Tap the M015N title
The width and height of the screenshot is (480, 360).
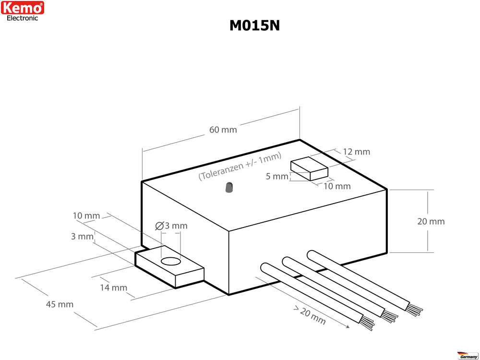click(254, 25)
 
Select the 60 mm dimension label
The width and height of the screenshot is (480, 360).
click(223, 130)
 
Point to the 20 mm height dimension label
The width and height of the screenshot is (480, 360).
click(431, 221)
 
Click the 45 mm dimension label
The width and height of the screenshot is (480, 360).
click(60, 304)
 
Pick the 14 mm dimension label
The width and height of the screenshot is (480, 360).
click(113, 288)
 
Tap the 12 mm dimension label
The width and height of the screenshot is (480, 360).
click(357, 152)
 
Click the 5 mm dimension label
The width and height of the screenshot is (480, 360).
click(277, 176)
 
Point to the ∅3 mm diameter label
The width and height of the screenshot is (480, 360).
click(172, 226)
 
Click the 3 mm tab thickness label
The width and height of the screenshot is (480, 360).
click(81, 237)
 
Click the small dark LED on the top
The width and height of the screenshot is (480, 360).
click(229, 187)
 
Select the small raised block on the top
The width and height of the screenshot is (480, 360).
click(309, 169)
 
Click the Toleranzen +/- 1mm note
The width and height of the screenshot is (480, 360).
click(240, 167)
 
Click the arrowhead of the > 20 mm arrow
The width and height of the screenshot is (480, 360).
click(347, 327)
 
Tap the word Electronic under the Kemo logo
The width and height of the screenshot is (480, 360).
click(22, 18)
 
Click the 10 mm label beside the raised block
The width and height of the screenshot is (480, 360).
click(336, 186)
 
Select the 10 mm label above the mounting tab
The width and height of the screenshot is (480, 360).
click(86, 216)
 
